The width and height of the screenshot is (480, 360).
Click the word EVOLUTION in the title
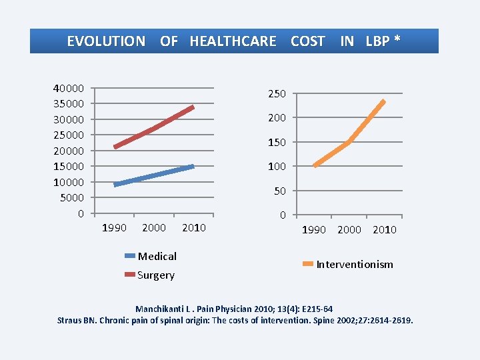106,41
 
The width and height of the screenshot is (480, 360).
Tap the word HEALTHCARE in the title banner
233,41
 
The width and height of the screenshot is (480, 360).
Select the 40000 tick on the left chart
69,88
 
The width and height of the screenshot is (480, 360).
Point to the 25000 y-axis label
69,135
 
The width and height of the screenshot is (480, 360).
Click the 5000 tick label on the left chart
71,197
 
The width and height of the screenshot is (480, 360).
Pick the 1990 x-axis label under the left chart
113,228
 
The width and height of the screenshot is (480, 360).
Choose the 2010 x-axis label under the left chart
193,228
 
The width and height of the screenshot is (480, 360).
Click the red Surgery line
154,127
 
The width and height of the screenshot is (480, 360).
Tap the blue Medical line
154,175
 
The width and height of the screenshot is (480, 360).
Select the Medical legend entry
157,256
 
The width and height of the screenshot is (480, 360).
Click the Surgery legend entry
155,275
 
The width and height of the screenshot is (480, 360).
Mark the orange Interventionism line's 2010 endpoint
383,101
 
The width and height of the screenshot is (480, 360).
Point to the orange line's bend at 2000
349,142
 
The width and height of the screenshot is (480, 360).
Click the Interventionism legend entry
354,265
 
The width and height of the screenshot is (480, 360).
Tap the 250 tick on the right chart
277,94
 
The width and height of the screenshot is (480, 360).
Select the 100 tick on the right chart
277,167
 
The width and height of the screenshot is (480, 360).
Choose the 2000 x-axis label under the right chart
349,230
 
